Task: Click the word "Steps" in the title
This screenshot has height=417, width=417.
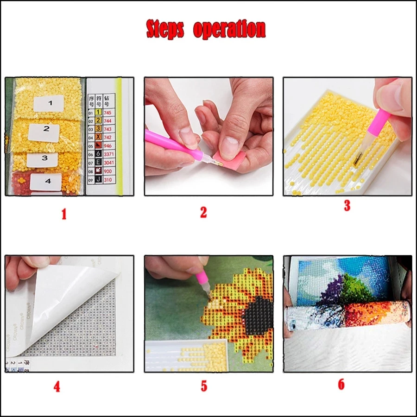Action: tap(166, 29)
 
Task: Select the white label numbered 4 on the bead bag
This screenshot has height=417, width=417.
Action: tap(47, 182)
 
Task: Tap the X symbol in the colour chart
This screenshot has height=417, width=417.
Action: tap(98, 138)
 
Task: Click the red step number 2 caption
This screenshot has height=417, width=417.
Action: tap(203, 212)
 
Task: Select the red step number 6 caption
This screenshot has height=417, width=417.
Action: tap(341, 385)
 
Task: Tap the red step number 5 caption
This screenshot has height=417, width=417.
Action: tap(204, 386)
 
